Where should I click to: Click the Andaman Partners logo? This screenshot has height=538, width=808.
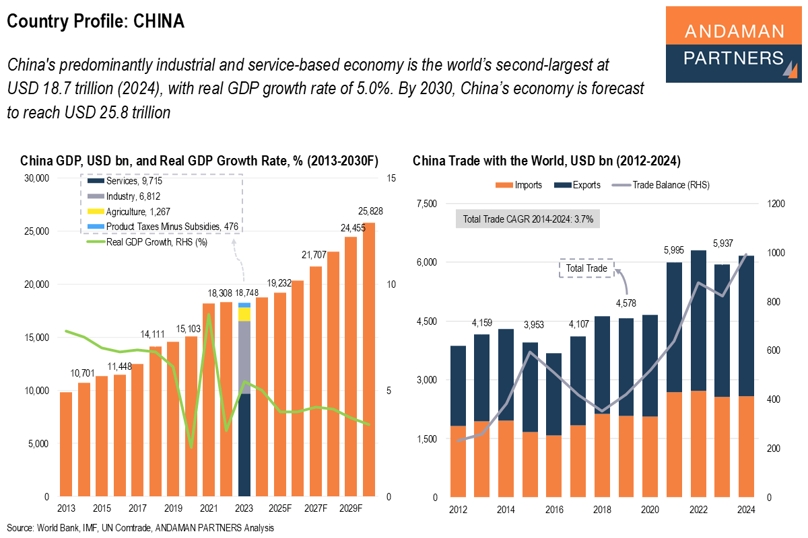[x=734, y=44]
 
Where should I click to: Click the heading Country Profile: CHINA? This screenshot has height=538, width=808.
[x=96, y=22]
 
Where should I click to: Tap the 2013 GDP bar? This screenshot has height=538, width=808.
[x=66, y=444]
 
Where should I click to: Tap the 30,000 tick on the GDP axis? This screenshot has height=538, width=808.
[x=36, y=178]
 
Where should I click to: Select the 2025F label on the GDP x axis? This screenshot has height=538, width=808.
[x=280, y=508]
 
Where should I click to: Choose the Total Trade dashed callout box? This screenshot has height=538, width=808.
[x=586, y=268]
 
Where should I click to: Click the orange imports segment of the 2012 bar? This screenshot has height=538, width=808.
[x=458, y=461]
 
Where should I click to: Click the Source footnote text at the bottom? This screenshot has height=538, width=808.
[x=140, y=528]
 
